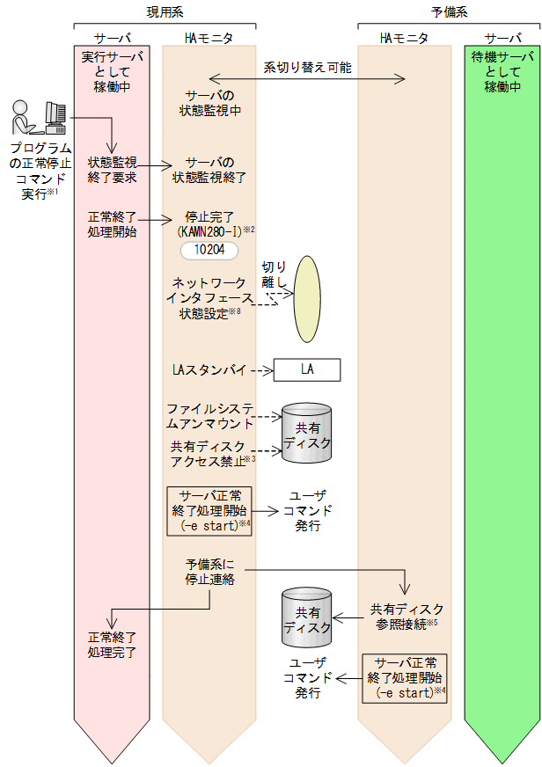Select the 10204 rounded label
209,251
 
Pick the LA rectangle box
306,370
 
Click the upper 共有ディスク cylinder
307,434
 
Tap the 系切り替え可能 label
305,66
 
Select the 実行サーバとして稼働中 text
112,71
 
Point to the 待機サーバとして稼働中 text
502,71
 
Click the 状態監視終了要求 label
112,170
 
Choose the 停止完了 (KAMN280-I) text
209,223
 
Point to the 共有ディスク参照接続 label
405,616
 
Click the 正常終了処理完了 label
112,645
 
